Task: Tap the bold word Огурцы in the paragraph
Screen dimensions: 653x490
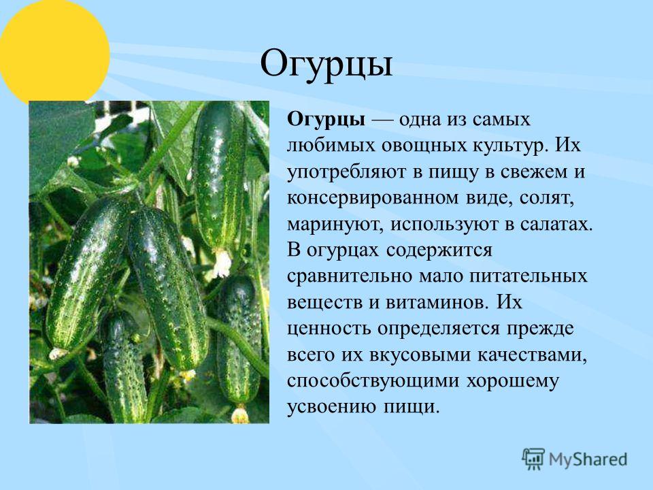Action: point(326,120)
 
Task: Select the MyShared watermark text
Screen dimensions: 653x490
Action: point(588,459)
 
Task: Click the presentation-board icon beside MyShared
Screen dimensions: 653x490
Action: point(533,459)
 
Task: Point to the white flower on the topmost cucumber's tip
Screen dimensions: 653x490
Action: point(222,263)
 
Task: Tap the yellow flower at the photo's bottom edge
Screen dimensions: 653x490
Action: point(240,415)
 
